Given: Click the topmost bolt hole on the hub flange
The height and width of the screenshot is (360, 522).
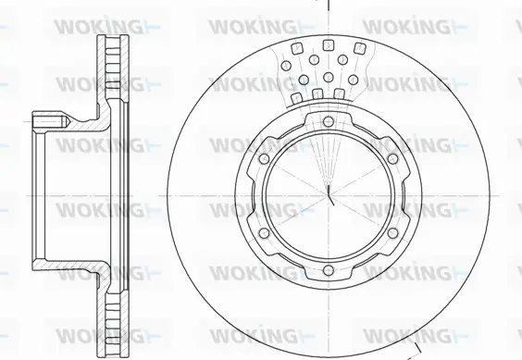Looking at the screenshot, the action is [329, 121].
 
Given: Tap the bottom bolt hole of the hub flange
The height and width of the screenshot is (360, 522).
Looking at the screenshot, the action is [329, 270].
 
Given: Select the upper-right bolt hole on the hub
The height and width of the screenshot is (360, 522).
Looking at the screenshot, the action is [392, 158].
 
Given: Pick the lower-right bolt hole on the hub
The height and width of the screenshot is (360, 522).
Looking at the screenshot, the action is [392, 233].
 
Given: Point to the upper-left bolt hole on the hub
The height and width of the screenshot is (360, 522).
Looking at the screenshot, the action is [264, 158].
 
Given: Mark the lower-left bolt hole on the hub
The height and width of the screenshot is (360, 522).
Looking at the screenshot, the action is [264, 233].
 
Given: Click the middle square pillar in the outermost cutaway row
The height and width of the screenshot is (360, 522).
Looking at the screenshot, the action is [329, 45].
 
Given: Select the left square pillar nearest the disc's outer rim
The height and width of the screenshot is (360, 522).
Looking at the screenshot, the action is [297, 49].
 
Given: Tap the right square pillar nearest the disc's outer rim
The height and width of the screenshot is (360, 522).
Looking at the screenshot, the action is [359, 49].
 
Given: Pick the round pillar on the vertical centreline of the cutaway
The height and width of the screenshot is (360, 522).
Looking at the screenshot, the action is [329, 77].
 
